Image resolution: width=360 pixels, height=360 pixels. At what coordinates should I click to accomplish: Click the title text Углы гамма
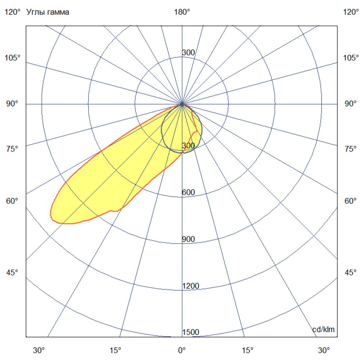pyautogui.click(x=48, y=12)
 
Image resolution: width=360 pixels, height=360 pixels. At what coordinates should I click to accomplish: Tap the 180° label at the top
pyautogui.click(x=182, y=12)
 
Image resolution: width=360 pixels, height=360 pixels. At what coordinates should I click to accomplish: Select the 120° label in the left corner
pyautogui.click(x=13, y=12)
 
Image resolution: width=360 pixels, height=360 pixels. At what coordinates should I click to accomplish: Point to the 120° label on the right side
pyautogui.click(x=351, y=12)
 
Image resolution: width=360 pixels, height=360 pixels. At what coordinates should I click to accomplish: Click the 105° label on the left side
pyautogui.click(x=13, y=58)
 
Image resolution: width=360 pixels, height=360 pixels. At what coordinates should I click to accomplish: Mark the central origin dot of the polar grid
pyautogui.click(x=182, y=104)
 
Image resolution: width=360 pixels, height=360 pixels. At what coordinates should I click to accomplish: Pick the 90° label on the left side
pyautogui.click(x=12, y=104)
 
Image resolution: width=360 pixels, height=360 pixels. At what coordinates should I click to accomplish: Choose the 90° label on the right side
pyautogui.click(x=350, y=104)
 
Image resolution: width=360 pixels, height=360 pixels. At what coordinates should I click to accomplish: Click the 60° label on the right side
pyautogui.click(x=350, y=201)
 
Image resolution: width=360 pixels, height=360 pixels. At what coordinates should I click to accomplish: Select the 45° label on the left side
pyautogui.click(x=12, y=273)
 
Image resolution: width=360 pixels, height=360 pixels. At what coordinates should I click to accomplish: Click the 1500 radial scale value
pyautogui.click(x=191, y=332)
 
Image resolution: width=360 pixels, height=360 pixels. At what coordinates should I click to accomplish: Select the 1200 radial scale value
pyautogui.click(x=191, y=286)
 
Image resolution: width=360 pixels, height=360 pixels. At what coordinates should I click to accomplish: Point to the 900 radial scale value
pyautogui.click(x=188, y=239)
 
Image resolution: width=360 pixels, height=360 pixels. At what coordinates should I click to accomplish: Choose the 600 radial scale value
pyautogui.click(x=188, y=193)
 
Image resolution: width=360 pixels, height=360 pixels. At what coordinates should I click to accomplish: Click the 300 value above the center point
pyautogui.click(x=188, y=53)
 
